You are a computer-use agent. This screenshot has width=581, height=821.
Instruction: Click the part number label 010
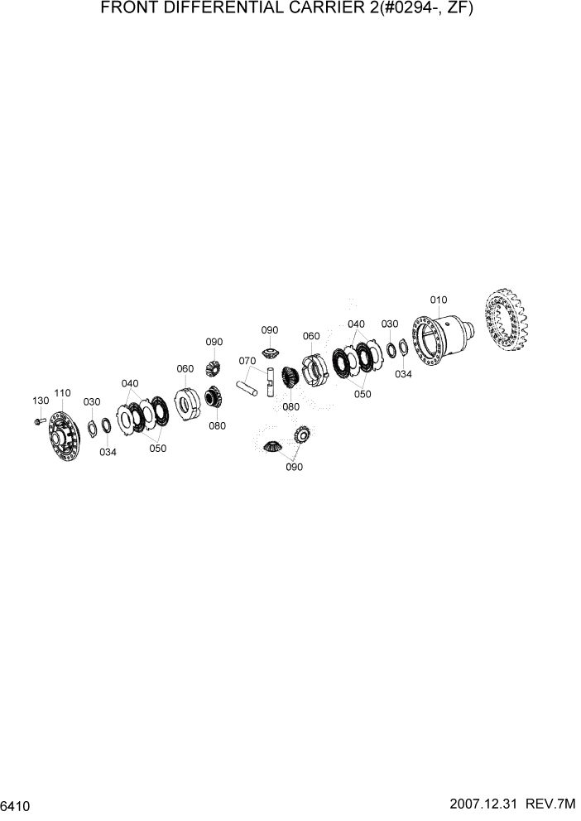(x=438, y=300)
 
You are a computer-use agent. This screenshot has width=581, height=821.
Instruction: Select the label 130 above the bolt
(x=41, y=401)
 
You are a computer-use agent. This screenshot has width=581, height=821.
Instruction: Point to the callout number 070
(x=247, y=361)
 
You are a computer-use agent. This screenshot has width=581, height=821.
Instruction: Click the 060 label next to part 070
(x=185, y=368)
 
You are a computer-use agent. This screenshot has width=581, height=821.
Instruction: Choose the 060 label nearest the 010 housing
(x=311, y=336)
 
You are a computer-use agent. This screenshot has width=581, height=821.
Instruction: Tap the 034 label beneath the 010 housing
(x=403, y=374)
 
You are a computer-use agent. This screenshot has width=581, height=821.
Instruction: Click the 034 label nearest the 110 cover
(x=108, y=452)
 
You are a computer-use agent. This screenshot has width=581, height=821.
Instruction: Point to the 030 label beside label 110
(x=91, y=401)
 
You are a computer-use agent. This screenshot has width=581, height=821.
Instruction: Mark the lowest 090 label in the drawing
(x=294, y=467)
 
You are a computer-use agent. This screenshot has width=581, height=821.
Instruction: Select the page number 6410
(x=16, y=805)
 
